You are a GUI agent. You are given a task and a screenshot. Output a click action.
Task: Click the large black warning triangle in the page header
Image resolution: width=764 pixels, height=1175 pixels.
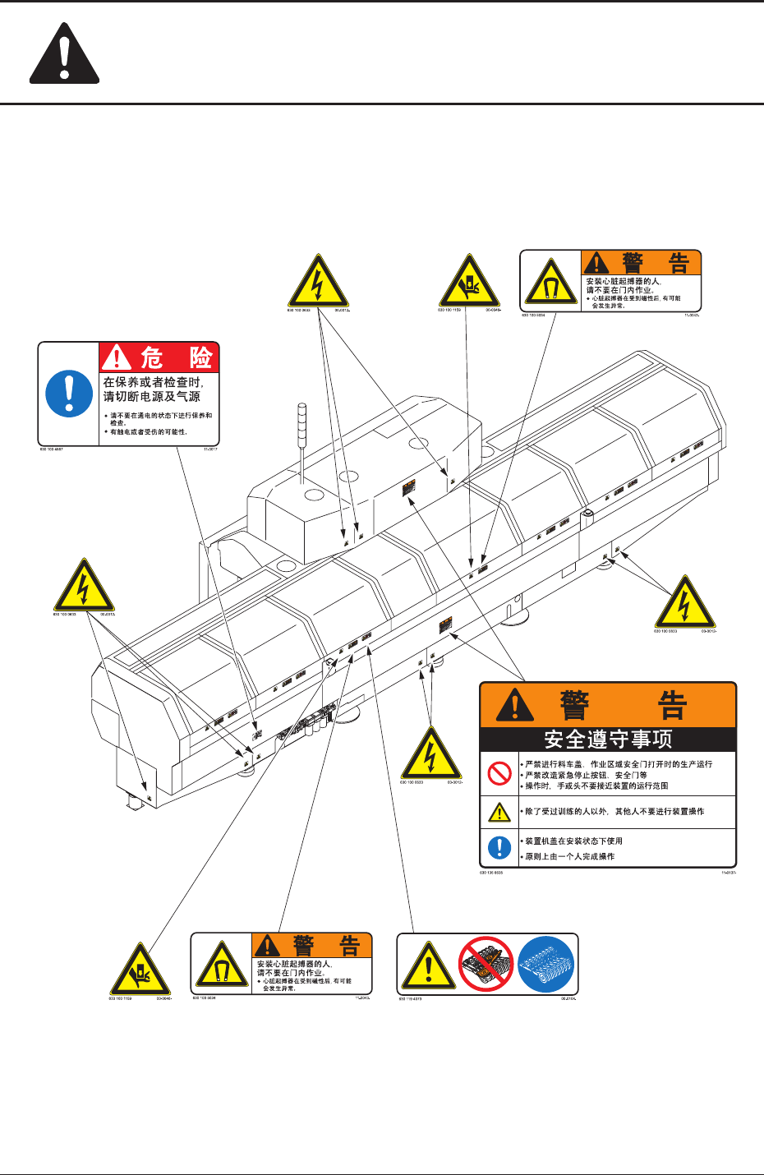65,55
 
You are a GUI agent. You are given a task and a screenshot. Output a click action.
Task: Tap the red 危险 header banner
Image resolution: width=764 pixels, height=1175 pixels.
159,357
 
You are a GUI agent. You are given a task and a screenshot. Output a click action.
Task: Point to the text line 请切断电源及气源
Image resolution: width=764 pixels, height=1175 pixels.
152,396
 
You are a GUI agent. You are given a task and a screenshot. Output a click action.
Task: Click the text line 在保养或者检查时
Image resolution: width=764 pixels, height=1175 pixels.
153,382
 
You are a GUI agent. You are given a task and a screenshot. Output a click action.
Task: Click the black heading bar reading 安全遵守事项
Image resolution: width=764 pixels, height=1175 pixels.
608,740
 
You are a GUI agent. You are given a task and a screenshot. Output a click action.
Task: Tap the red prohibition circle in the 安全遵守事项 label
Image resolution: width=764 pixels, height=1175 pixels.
499,774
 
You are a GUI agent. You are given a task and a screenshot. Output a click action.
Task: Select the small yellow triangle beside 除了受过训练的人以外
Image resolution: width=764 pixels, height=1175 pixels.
499,812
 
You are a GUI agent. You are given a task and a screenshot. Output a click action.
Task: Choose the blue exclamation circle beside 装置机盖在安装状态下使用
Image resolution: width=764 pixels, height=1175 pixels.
499,847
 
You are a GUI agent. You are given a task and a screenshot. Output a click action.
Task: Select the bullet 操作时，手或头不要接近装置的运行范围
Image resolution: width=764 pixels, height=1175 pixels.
596,786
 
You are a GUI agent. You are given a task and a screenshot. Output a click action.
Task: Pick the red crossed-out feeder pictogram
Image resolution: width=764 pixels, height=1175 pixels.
486,964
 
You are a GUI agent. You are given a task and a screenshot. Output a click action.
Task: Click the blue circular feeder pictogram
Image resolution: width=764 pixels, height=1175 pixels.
545,964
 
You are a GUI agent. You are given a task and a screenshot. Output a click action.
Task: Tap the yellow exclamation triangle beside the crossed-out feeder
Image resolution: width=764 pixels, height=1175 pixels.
428,966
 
